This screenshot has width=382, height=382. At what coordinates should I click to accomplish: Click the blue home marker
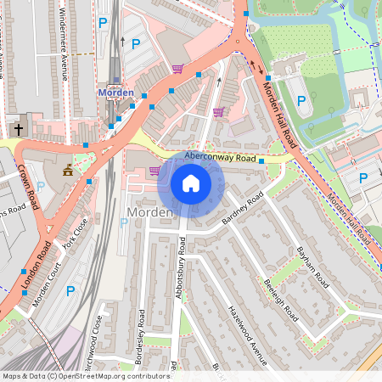(191, 183)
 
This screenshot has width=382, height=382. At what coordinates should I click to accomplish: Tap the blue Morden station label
(116, 92)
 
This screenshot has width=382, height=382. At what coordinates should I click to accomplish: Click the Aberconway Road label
(220, 157)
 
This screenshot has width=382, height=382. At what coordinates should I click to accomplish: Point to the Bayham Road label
(311, 264)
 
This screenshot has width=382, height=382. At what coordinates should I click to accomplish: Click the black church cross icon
(18, 129)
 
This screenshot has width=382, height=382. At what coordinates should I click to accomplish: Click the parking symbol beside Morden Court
(70, 290)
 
